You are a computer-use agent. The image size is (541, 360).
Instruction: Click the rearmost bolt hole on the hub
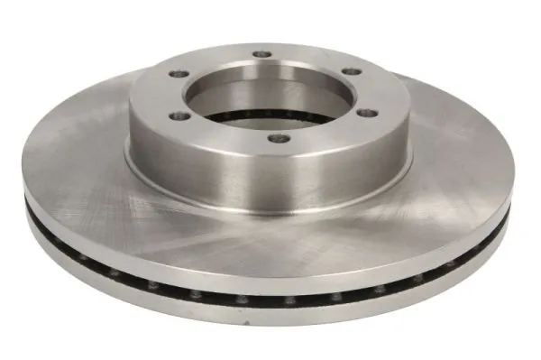pyautogui.click(x=261, y=54)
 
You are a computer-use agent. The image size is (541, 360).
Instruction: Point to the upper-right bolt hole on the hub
pyautogui.click(x=351, y=71)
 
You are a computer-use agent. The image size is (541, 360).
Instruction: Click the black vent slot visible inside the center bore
pyautogui.click(x=270, y=116)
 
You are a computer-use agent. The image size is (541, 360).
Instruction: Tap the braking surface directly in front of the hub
pyautogui.click(x=270, y=235)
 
